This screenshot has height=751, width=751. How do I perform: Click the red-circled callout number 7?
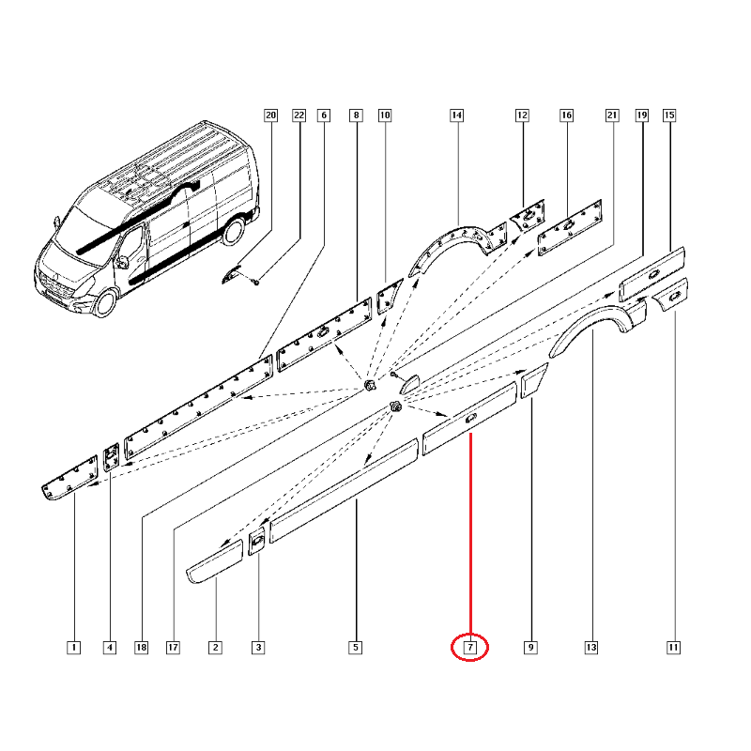[x=470, y=648]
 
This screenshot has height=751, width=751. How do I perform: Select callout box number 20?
[x=271, y=115]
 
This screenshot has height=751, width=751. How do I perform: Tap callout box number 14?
[x=457, y=115]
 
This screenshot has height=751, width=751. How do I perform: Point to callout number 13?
[x=591, y=648]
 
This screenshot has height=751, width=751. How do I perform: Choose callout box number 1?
[x=74, y=648]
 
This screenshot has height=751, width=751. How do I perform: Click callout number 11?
[x=673, y=648]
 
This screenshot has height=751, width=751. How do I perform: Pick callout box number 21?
[x=612, y=115]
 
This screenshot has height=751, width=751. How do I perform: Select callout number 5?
[x=356, y=648]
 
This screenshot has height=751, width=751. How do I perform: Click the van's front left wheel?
[x=106, y=302]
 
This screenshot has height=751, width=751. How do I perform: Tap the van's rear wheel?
[x=234, y=230]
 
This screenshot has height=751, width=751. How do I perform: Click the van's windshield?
[x=89, y=230]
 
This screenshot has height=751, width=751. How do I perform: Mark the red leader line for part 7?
[x=471, y=533]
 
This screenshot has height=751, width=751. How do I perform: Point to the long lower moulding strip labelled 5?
[x=344, y=490]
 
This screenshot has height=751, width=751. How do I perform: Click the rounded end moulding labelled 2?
[x=214, y=561]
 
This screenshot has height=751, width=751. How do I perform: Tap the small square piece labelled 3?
[x=256, y=542]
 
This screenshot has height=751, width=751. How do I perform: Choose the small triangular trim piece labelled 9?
[x=531, y=381]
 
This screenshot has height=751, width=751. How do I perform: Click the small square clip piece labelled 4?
[x=112, y=457]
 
